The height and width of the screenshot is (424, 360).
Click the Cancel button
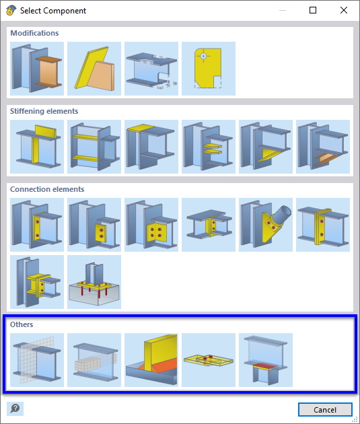coord(325,410)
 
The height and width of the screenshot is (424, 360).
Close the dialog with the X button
coord(343,11)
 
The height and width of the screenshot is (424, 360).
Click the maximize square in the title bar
coord(313,11)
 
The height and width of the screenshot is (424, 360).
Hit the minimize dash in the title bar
coord(282,11)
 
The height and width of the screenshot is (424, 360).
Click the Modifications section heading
coord(34,33)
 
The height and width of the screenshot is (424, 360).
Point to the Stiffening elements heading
coord(44,111)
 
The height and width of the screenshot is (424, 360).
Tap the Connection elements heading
coord(46,189)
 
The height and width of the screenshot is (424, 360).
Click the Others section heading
coord(22,324)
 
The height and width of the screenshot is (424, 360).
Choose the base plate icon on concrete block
coord(94,281)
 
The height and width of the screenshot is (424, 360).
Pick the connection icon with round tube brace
coord(266,224)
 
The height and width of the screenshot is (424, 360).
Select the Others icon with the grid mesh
coord(37,359)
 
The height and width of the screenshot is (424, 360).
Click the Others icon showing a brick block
coord(94,359)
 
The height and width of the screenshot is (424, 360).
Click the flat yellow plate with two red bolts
coord(209,359)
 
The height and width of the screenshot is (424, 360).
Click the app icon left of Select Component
coord(10,11)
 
